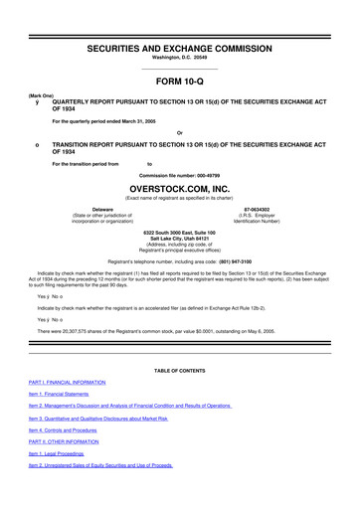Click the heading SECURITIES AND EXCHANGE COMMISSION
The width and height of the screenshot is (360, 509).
(180, 21)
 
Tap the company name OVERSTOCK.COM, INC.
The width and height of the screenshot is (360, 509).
(180, 186)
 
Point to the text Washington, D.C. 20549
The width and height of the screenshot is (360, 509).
(180, 33)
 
